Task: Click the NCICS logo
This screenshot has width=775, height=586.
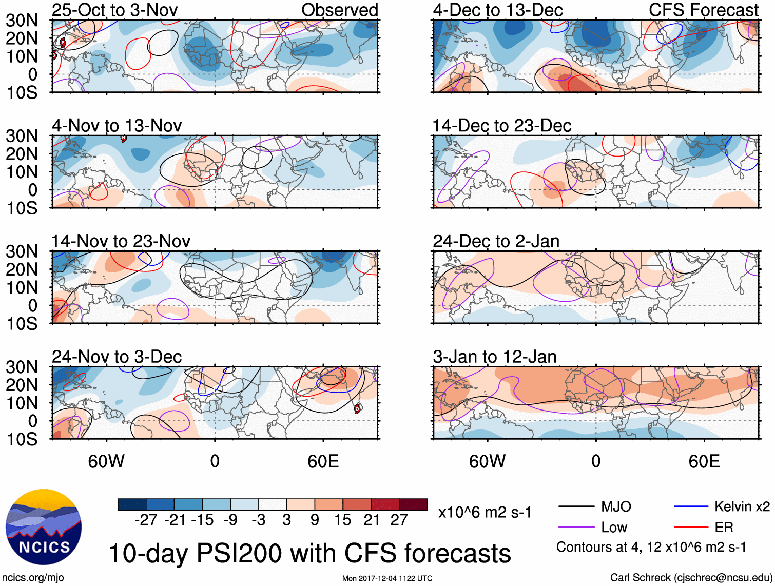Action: tap(44, 527)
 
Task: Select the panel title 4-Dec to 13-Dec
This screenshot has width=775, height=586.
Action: tap(497, 10)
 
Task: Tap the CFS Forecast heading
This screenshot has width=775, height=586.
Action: tap(703, 10)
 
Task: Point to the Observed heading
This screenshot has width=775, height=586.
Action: tap(339, 10)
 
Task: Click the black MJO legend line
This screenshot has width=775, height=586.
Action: tap(576, 507)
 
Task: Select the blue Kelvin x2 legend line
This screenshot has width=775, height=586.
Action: tap(691, 507)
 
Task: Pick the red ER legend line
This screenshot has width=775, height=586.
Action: tap(691, 527)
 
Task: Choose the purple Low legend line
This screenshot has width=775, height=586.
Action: tap(576, 527)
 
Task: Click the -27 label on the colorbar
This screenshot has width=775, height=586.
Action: tap(146, 520)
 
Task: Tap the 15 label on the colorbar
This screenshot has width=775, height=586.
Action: tap(342, 520)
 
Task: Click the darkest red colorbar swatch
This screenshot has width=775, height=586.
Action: tap(413, 504)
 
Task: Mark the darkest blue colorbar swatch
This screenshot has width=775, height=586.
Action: tap(132, 504)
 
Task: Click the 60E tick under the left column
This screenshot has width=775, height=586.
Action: tap(323, 461)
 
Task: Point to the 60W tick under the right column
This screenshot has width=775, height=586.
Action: tap(487, 461)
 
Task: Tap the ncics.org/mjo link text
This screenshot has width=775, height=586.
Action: tap(33, 578)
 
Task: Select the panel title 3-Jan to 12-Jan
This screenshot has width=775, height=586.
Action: tap(494, 357)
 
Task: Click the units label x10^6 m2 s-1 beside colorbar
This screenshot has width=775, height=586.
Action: tap(485, 512)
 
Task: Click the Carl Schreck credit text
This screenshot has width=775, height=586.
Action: tap(691, 578)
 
